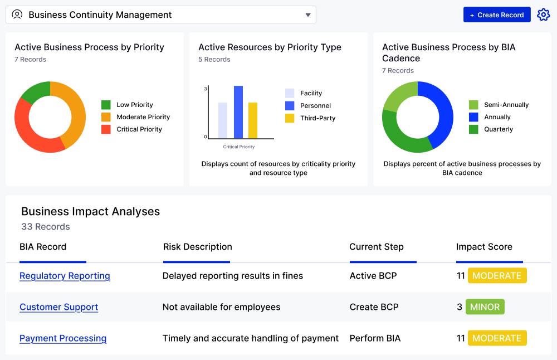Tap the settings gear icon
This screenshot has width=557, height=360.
[543, 15]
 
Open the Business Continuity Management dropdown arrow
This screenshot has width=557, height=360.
[308, 15]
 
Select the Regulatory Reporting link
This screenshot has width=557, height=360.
[65, 276]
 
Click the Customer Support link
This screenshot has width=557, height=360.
[58, 307]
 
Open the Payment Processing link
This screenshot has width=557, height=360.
[63, 338]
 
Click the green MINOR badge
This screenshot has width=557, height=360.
[485, 307]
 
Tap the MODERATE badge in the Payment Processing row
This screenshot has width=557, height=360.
[497, 338]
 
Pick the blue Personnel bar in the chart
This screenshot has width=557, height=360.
[238, 112]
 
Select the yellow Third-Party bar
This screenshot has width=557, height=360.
[253, 120]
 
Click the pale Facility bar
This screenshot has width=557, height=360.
[223, 120]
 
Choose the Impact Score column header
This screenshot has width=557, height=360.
[484, 247]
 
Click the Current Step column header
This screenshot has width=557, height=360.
[377, 247]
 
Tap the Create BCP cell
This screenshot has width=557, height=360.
[374, 307]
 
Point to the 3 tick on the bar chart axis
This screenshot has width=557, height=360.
[206, 89]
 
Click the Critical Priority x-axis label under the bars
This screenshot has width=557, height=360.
[239, 147]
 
